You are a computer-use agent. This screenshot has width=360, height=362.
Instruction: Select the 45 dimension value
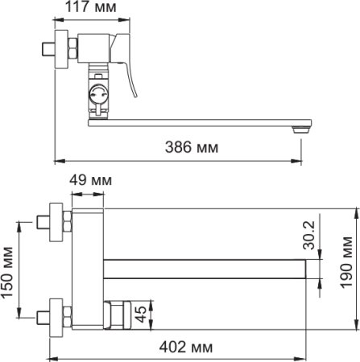[x=140, y=315]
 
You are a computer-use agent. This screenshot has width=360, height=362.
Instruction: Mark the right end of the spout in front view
[x=306, y=266]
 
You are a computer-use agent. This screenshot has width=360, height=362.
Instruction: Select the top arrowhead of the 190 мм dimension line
[x=355, y=210]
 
